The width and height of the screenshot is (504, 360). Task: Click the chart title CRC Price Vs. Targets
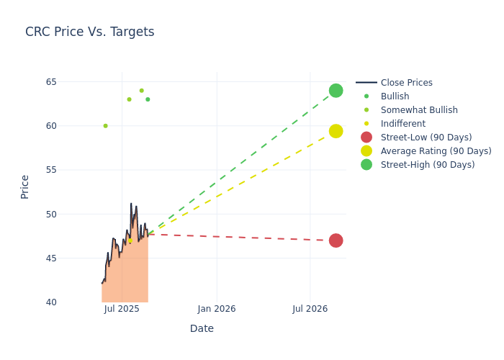click(x=89, y=32)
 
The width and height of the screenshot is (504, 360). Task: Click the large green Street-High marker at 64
click(x=336, y=91)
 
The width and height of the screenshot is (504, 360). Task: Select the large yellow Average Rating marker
click(x=336, y=131)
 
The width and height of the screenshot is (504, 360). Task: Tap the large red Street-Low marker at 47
click(x=336, y=240)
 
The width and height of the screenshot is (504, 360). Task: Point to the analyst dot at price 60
click(x=105, y=126)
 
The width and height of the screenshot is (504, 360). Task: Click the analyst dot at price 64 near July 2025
click(x=141, y=91)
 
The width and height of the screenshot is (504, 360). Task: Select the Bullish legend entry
click(x=395, y=96)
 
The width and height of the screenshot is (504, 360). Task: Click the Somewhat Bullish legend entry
click(x=418, y=110)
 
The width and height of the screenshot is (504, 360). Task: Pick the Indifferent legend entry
click(x=402, y=124)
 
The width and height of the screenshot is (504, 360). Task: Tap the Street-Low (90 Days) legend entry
click(x=426, y=138)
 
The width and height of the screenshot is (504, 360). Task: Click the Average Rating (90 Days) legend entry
click(x=436, y=151)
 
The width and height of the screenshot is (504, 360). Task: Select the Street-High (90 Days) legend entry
click(x=427, y=165)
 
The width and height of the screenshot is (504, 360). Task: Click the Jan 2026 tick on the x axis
click(x=216, y=309)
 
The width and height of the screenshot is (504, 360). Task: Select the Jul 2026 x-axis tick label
click(x=310, y=309)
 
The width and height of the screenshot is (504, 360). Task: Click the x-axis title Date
click(x=202, y=329)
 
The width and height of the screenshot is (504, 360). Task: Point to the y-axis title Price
click(x=25, y=186)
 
